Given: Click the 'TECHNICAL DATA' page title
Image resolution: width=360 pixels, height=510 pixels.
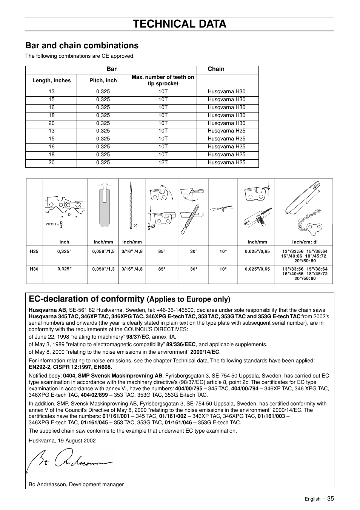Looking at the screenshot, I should pyautogui.click(x=180, y=24).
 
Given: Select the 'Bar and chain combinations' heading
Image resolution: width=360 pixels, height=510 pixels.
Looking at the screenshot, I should pyautogui.click(x=82, y=46).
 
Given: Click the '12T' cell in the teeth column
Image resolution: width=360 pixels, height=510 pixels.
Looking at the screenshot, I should pyautogui.click(x=163, y=163).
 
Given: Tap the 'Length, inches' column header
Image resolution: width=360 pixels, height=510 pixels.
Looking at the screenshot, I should pyautogui.click(x=51, y=81).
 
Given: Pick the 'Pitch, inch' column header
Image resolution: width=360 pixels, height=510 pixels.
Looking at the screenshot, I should pyautogui.click(x=103, y=81).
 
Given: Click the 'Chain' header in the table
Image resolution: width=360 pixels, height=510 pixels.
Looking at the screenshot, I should pyautogui.click(x=216, y=69).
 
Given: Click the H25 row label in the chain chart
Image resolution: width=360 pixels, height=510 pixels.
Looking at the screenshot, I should pyautogui.click(x=34, y=251).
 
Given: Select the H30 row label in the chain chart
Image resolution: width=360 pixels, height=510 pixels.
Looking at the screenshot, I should pyautogui.click(x=34, y=269).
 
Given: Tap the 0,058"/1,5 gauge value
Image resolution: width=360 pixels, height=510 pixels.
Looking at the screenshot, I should pyautogui.click(x=103, y=251).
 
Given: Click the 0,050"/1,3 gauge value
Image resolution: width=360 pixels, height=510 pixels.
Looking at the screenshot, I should pyautogui.click(x=103, y=269).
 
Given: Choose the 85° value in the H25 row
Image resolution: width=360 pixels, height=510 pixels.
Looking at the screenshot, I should pyautogui.click(x=162, y=251).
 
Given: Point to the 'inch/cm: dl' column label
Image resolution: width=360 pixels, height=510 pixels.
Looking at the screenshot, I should pyautogui.click(x=305, y=242).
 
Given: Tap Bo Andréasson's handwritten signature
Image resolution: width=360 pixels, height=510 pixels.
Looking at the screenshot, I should pyautogui.click(x=70, y=460).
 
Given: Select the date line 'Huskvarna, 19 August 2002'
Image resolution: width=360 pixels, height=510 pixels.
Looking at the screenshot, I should pyautogui.click(x=62, y=441).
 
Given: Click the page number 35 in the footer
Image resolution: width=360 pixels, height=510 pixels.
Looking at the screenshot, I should pyautogui.click(x=331, y=499).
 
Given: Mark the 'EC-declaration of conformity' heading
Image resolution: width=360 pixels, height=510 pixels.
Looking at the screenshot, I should pyautogui.click(x=86, y=299).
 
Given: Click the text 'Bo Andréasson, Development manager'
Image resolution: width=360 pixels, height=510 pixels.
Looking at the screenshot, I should pyautogui.click(x=76, y=485).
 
